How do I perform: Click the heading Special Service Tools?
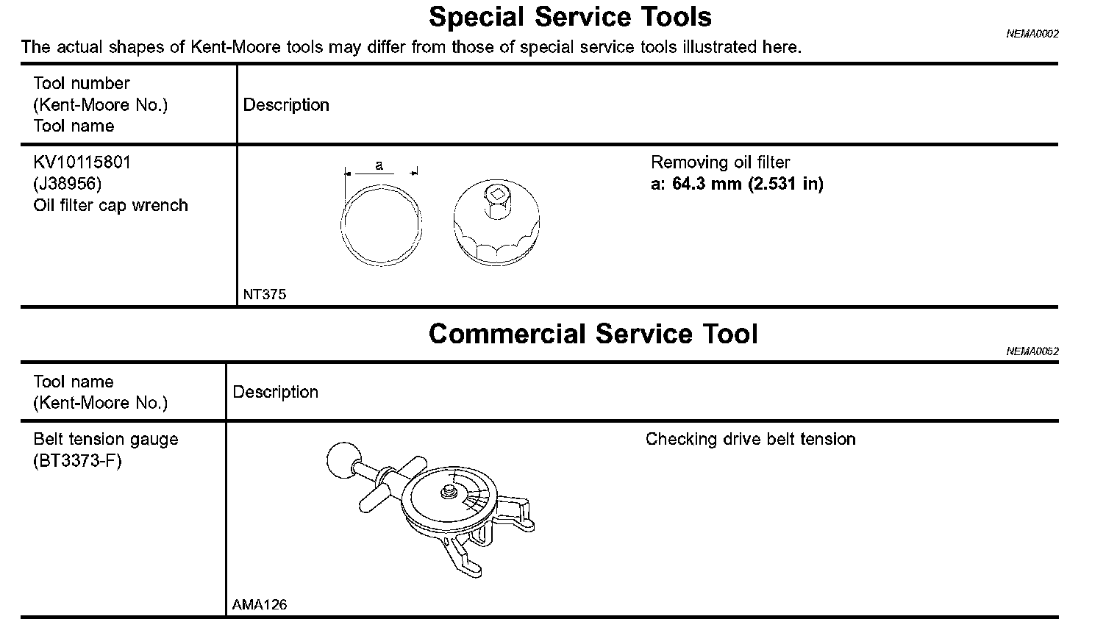tap(570, 16)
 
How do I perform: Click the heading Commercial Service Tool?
tap(593, 334)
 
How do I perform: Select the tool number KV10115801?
tap(82, 162)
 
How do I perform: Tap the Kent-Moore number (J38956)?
tap(67, 184)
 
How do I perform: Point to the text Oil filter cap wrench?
tap(110, 205)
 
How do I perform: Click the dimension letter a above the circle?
tap(379, 165)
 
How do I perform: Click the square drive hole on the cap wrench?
tap(497, 195)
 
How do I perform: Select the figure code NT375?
tap(265, 295)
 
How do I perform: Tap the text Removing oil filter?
tap(721, 162)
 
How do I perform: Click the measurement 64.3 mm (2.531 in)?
tap(747, 184)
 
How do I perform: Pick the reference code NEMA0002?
tap(1032, 34)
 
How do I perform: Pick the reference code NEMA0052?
tap(1032, 351)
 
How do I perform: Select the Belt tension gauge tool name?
tap(106, 440)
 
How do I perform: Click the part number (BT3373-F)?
tap(78, 461)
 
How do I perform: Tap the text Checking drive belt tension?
tap(751, 440)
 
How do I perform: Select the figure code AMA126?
tap(260, 605)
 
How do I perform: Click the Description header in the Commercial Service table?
tap(276, 392)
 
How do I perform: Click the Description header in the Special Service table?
tap(286, 105)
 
